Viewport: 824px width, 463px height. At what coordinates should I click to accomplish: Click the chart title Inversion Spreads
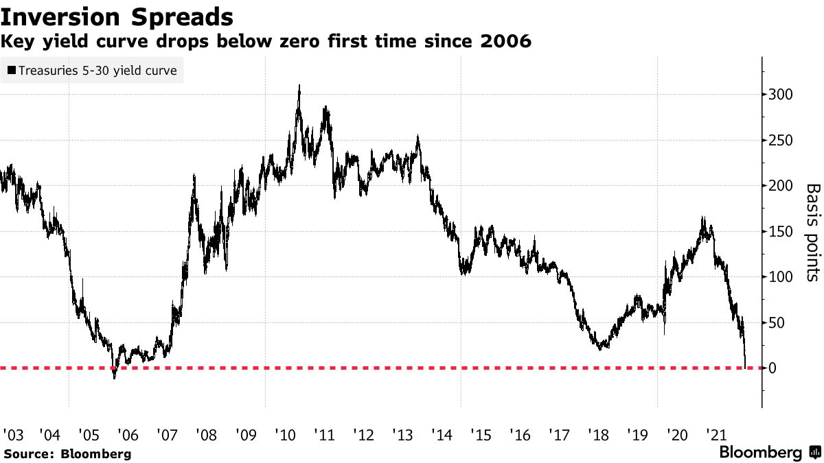click(x=117, y=16)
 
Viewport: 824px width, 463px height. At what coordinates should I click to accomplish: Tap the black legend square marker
click(x=12, y=70)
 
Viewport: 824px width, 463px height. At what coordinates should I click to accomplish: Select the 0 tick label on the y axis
click(x=774, y=368)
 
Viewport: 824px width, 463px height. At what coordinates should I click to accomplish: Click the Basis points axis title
click(x=812, y=232)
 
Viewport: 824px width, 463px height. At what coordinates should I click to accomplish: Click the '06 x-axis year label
click(x=128, y=435)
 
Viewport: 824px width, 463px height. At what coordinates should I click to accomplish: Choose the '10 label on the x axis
click(x=284, y=435)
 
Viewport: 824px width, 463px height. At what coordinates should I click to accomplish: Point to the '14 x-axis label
click(x=442, y=435)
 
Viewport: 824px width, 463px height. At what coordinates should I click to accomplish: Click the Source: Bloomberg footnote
click(x=67, y=453)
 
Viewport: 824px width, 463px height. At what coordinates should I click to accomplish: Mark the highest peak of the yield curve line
click(x=299, y=86)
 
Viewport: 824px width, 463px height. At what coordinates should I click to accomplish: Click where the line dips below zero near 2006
click(x=114, y=376)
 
